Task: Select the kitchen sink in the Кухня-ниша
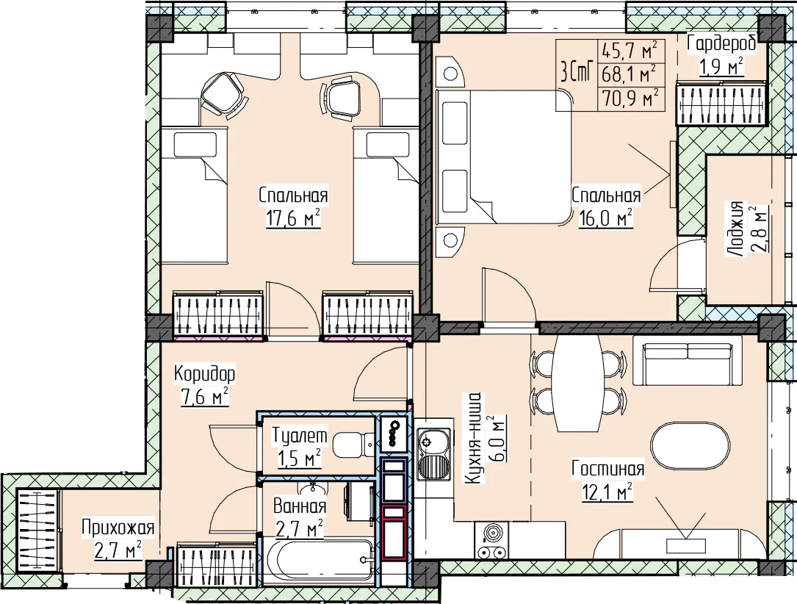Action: coord(433,453)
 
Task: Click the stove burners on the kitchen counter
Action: coord(491,540)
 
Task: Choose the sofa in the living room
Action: coord(688,359)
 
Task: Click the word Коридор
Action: coord(204,374)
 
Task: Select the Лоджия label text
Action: coord(735,227)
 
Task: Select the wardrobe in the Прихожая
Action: coord(37,531)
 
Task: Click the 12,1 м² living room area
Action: coord(607,491)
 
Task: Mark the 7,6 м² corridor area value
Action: coord(204,396)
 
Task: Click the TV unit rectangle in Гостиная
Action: coord(685,545)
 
